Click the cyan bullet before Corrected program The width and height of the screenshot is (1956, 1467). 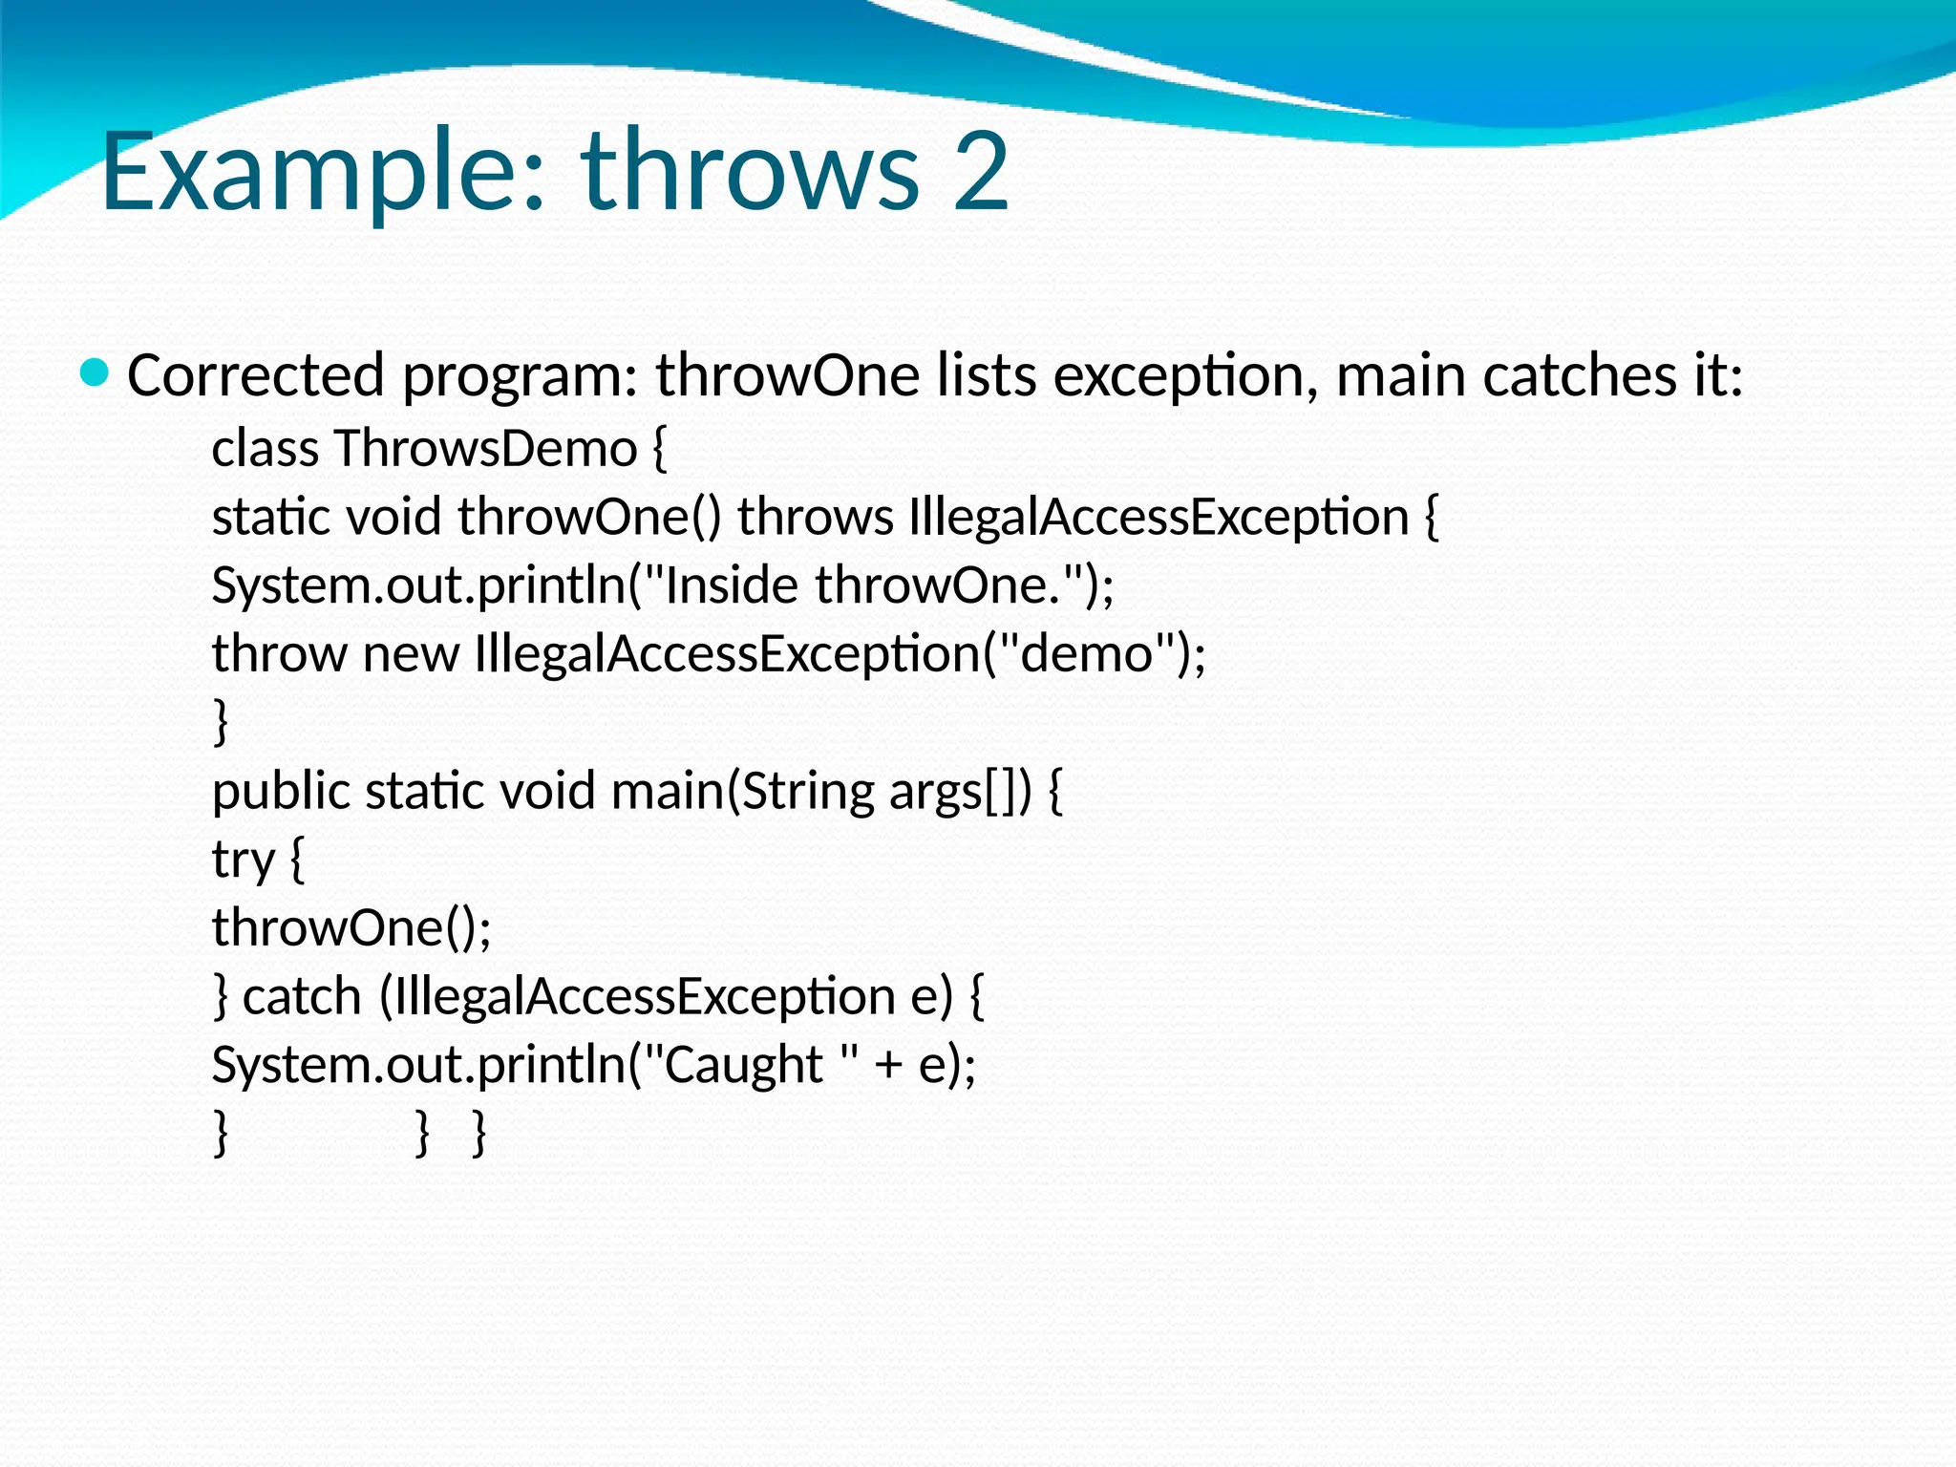(95, 372)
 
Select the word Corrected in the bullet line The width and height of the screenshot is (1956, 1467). (255, 375)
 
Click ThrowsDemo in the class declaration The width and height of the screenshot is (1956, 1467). (485, 449)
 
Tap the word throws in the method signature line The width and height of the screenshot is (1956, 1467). (815, 518)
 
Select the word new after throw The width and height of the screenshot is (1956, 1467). (411, 654)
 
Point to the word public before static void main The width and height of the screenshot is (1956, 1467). (281, 792)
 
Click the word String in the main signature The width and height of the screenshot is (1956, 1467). (808, 792)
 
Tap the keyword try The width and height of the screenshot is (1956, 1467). (243, 861)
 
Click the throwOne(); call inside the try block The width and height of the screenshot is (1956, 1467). (351, 928)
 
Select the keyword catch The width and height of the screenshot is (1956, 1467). (301, 997)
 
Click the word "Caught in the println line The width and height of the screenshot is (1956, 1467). (734, 1066)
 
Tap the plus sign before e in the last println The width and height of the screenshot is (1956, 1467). (888, 1066)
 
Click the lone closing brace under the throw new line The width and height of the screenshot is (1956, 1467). (221, 722)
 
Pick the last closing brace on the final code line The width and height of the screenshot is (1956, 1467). (479, 1135)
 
